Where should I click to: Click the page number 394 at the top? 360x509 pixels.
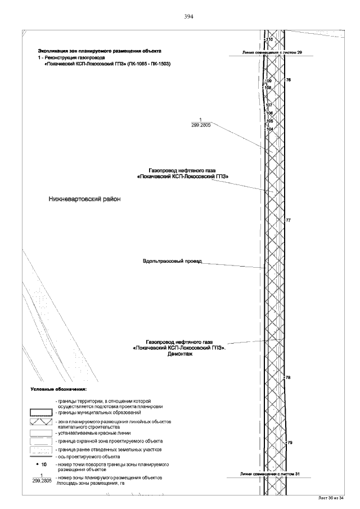pyautogui.click(x=189, y=17)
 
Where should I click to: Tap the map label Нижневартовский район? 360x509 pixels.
pyautogui.click(x=84, y=199)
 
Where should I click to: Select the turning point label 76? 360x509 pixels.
pyautogui.click(x=288, y=80)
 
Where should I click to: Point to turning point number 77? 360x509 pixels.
pyautogui.click(x=288, y=220)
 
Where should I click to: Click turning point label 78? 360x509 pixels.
pyautogui.click(x=288, y=377)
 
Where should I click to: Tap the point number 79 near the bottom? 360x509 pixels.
pyautogui.click(x=290, y=443)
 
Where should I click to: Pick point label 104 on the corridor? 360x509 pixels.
pyautogui.click(x=269, y=129)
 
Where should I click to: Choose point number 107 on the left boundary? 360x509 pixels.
pyautogui.click(x=269, y=105)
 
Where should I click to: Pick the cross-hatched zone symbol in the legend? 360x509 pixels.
pyautogui.click(x=40, y=422)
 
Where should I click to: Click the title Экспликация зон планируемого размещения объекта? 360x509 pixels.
pyautogui.click(x=99, y=50)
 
